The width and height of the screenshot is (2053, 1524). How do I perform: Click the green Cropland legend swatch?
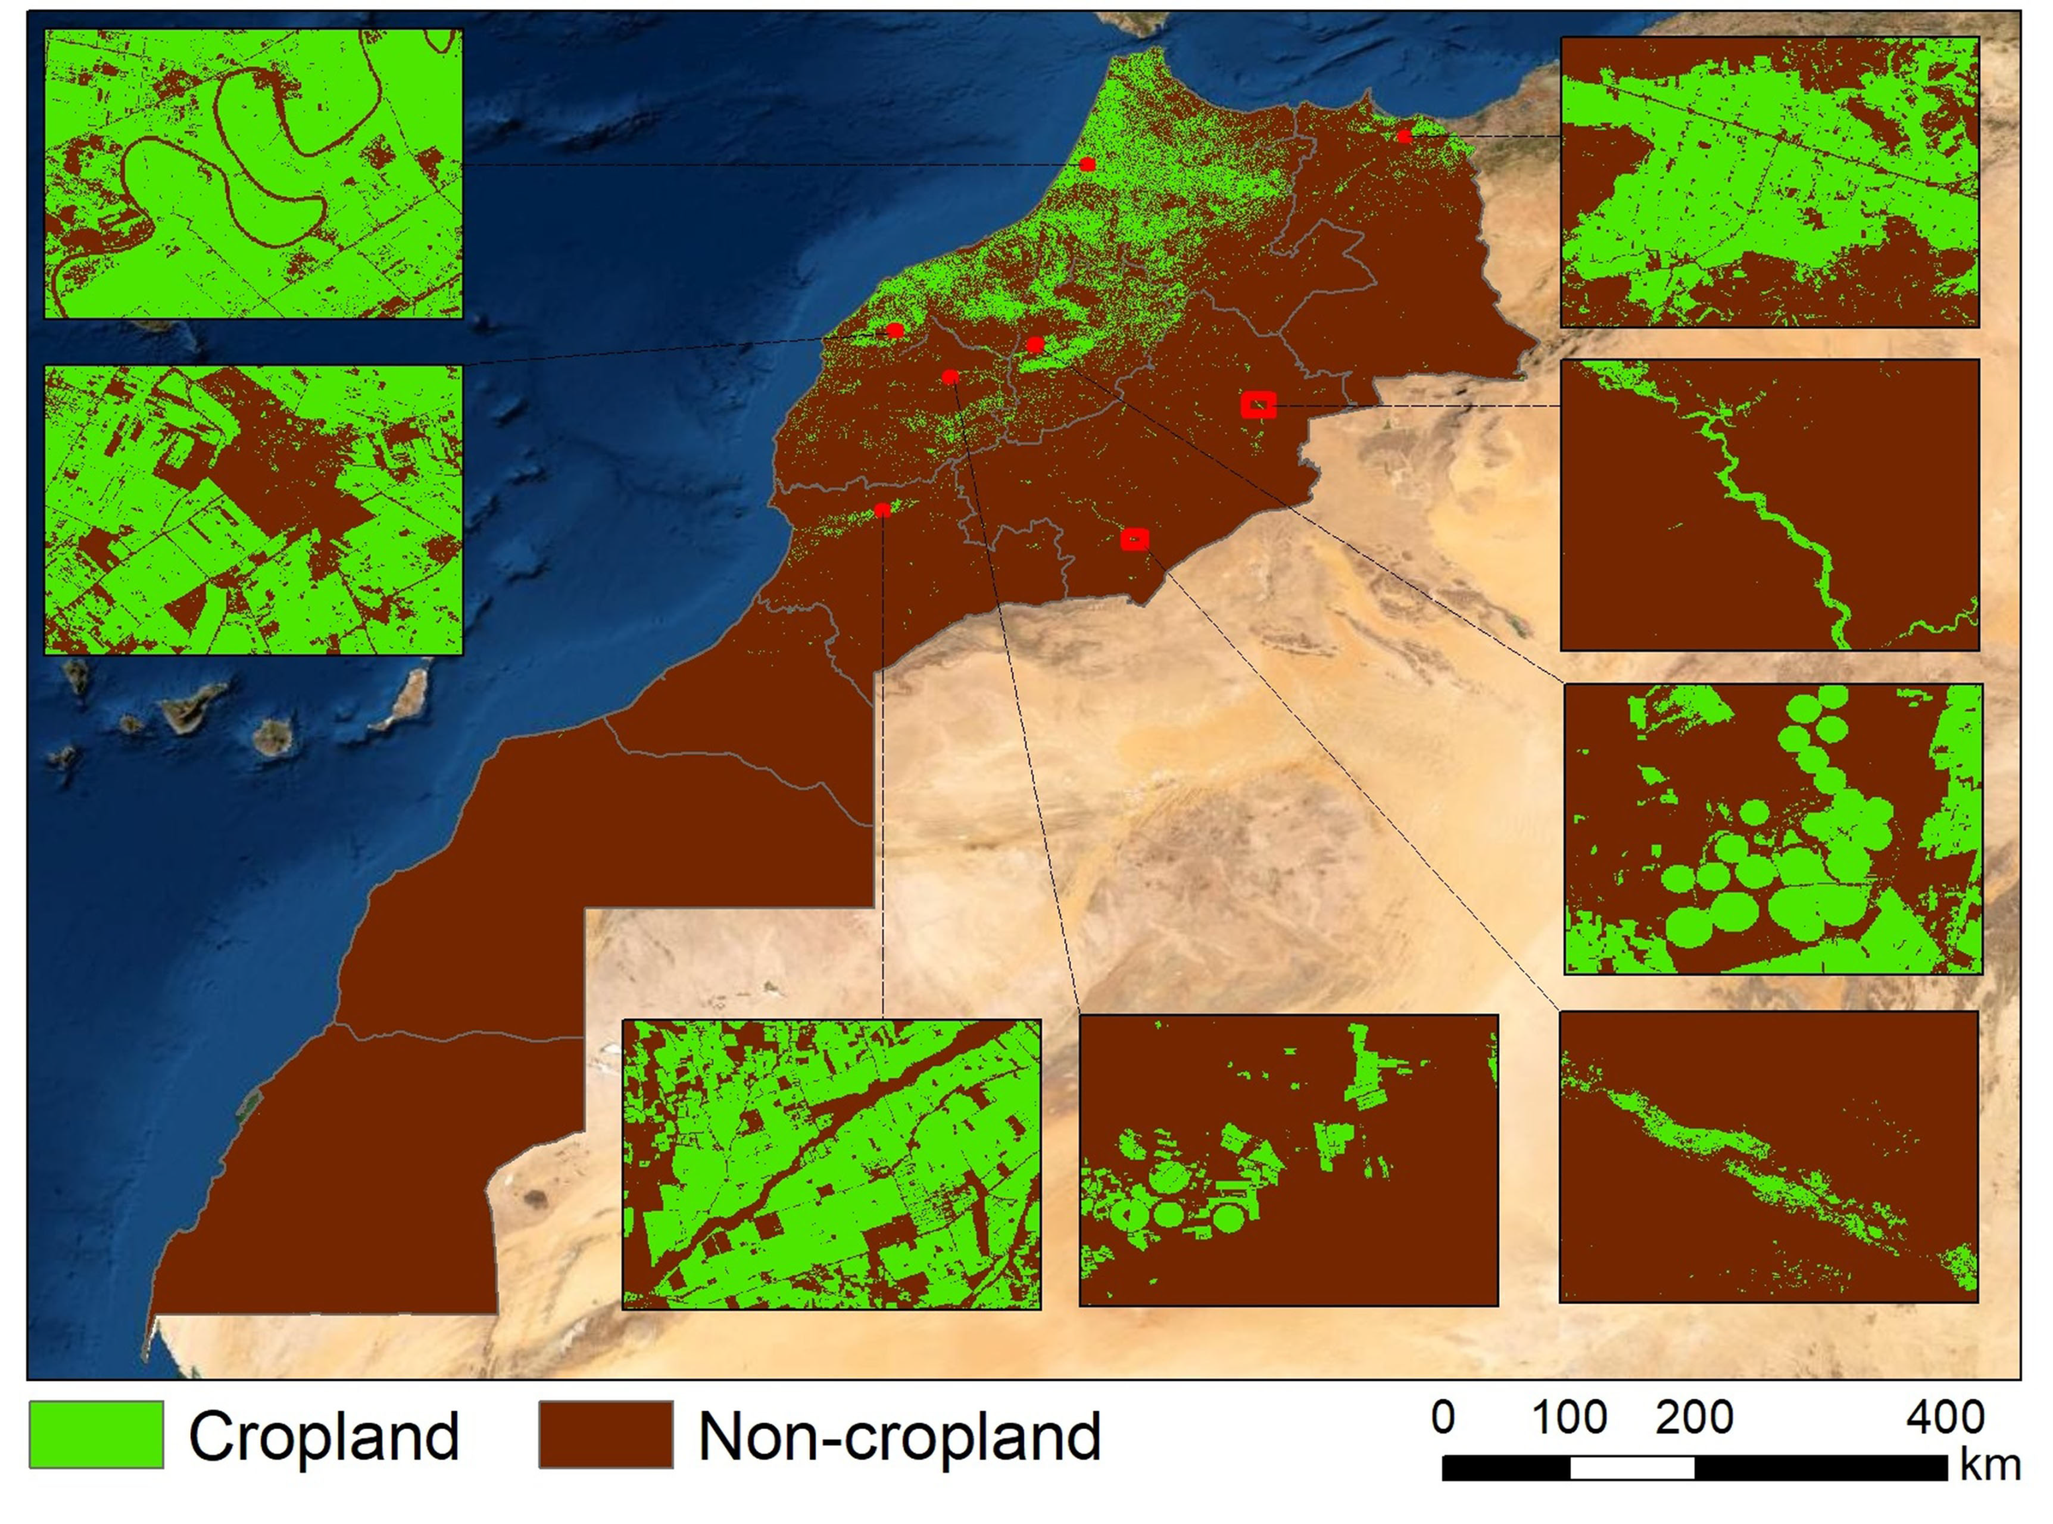(96, 1435)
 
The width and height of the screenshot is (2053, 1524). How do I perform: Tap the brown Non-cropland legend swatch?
(606, 1435)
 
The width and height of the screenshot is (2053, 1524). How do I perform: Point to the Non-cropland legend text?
(899, 1437)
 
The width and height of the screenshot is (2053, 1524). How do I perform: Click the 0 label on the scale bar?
(1444, 1417)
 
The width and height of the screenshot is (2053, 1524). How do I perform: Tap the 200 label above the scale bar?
(1694, 1417)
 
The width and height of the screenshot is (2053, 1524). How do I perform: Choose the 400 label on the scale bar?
(1945, 1417)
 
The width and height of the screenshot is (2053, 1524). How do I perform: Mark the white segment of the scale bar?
(1632, 1468)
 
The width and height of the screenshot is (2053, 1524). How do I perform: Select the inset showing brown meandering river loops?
(253, 173)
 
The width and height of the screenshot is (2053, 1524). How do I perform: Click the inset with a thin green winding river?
(1769, 505)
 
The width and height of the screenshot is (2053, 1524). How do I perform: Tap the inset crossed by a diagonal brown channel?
(831, 1164)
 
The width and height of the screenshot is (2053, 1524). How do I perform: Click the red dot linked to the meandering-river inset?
(1088, 164)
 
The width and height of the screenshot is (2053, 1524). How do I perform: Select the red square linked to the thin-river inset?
(1258, 405)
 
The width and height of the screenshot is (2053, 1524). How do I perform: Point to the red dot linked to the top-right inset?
(1404, 136)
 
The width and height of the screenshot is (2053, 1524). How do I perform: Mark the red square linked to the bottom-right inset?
(1135, 539)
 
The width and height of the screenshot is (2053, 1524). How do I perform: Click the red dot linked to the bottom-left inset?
(883, 510)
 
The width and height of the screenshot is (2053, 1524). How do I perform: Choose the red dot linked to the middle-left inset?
(895, 330)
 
